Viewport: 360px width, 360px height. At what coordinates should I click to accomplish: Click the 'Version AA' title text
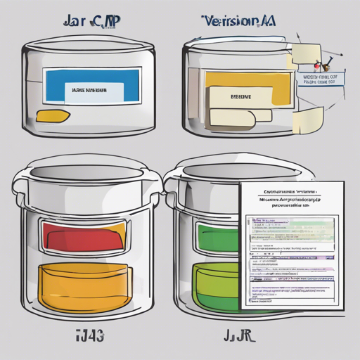pyautogui.click(x=238, y=20)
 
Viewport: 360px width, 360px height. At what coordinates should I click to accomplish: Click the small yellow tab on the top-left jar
pyautogui.click(x=52, y=115)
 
